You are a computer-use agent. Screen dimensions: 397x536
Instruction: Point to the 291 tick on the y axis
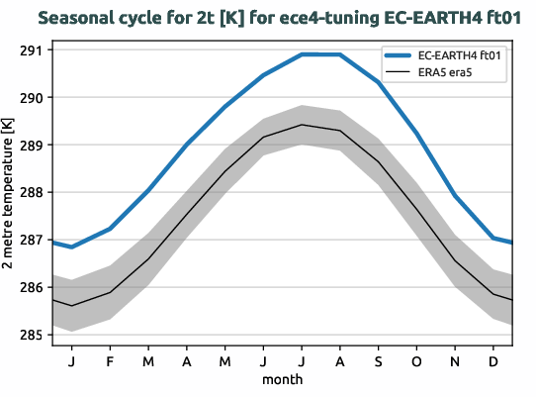(x=33, y=50)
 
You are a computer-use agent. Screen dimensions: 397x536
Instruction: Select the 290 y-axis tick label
(x=33, y=98)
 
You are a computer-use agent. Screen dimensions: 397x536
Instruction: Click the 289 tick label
(x=33, y=146)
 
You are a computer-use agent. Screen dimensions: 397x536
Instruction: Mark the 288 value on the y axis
(x=33, y=193)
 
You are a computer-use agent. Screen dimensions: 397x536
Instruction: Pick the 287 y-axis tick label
(x=33, y=241)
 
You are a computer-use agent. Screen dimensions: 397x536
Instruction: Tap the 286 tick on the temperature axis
(x=33, y=288)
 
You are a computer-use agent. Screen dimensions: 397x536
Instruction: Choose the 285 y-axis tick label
(x=33, y=336)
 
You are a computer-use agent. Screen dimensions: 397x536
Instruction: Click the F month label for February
(x=110, y=361)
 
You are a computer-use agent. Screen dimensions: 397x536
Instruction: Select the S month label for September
(x=378, y=361)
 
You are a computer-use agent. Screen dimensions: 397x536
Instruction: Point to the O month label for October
(x=416, y=361)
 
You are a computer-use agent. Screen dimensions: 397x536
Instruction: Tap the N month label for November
(x=455, y=361)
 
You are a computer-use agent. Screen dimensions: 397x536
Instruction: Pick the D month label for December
(x=493, y=361)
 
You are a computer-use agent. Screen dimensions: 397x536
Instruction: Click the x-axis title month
(x=282, y=379)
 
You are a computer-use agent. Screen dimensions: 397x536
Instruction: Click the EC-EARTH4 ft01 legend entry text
(x=463, y=55)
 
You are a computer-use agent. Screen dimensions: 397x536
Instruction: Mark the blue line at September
(x=378, y=83)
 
